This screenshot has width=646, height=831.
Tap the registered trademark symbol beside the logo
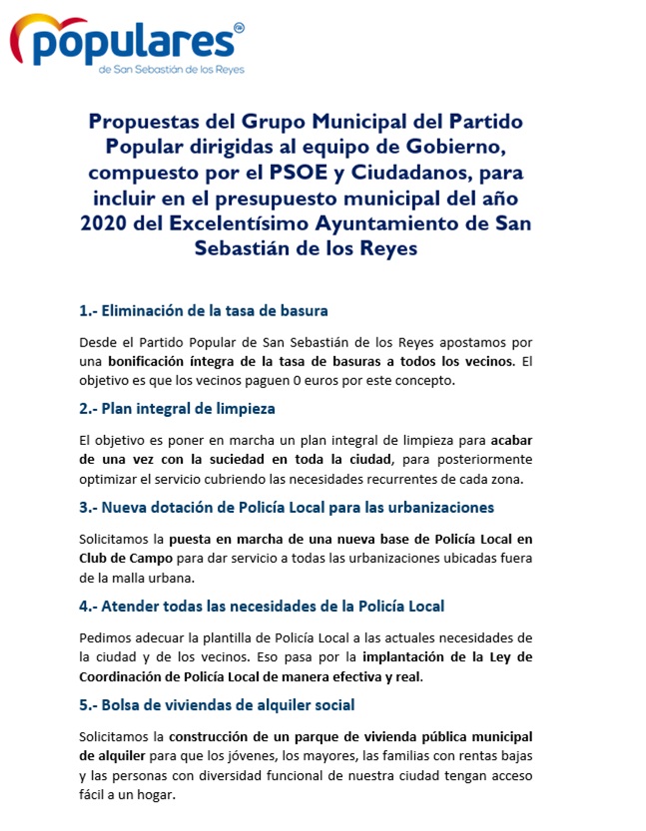coord(238,28)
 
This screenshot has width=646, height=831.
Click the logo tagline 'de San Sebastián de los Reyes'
coord(171,70)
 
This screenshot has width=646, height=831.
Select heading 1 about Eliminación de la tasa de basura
coord(204,310)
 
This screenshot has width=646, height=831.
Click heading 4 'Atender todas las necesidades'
coord(262,606)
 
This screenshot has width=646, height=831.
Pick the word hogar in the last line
coord(152,794)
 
